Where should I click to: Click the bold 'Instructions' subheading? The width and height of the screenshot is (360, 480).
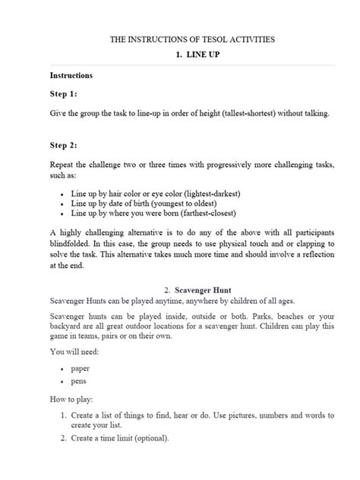pos(71,76)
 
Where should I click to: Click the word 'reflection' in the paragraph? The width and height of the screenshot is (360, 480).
pos(312,255)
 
